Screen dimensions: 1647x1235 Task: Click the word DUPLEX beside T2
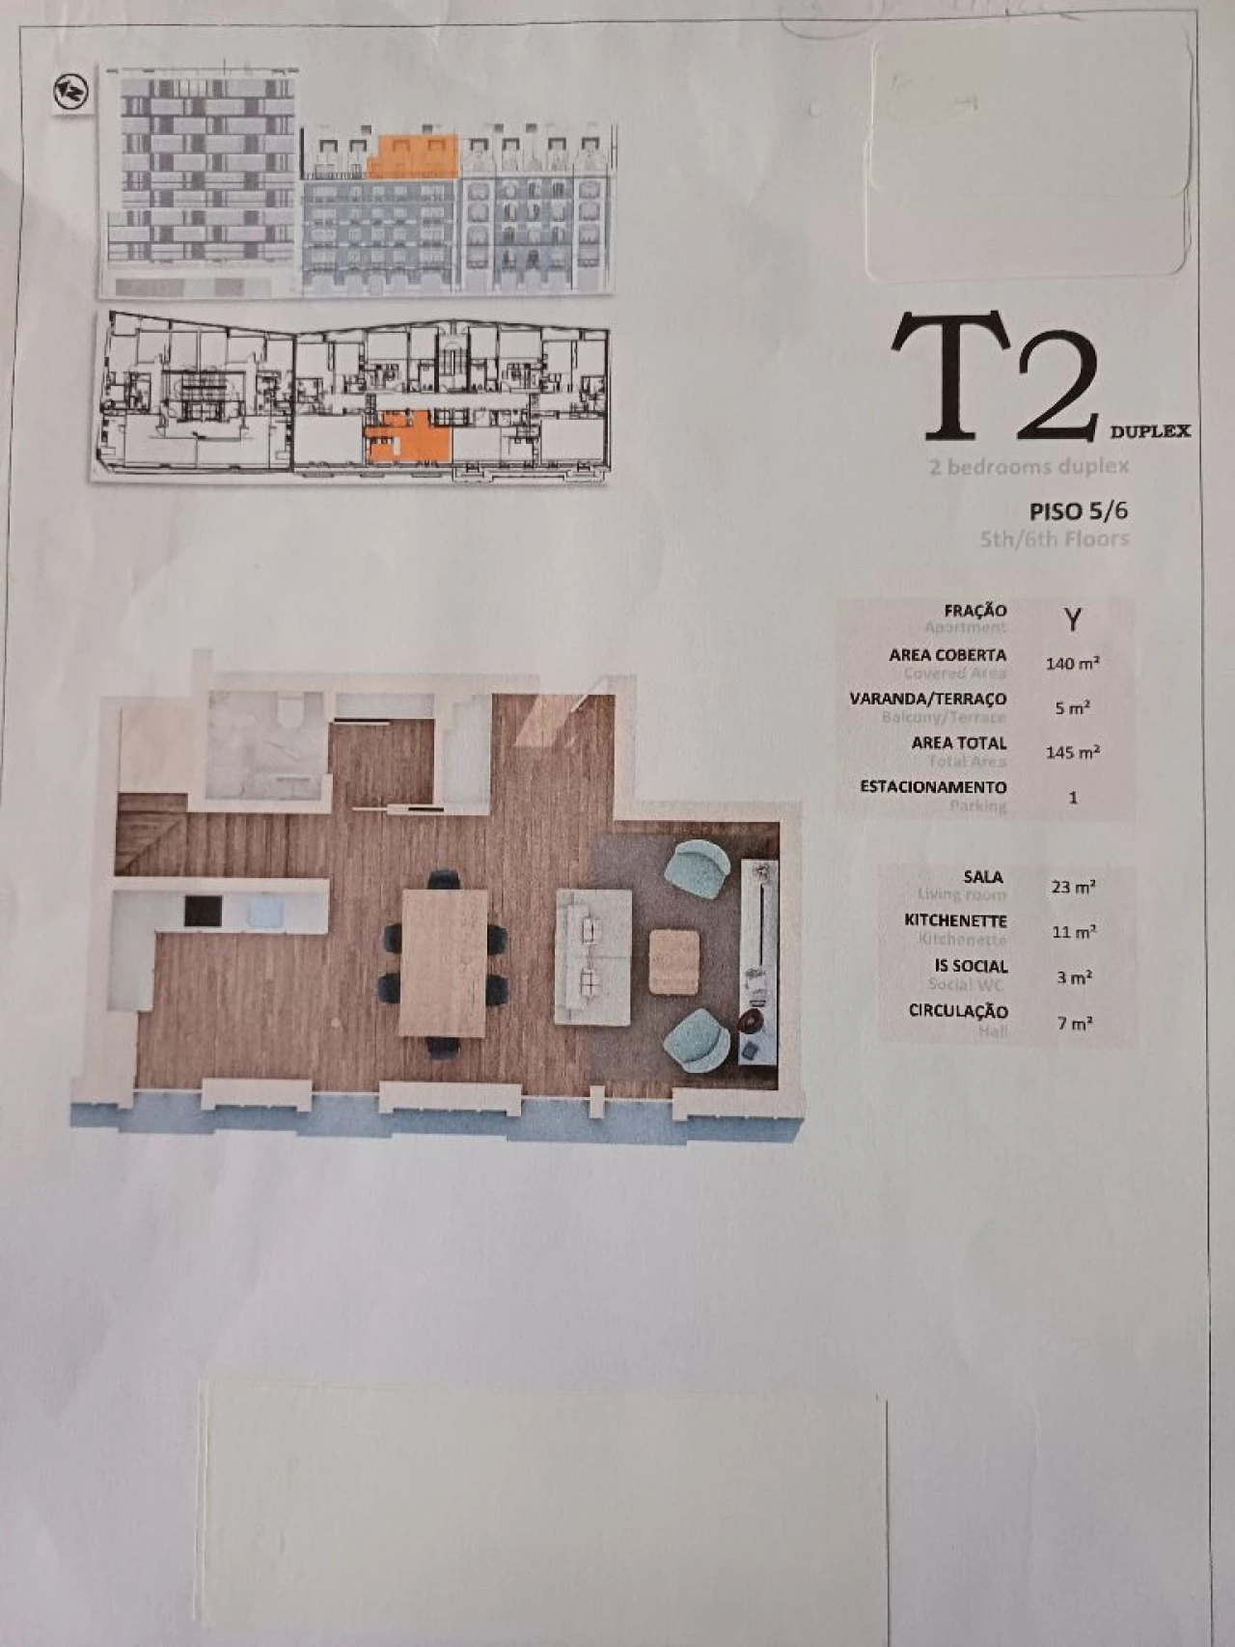[x=1149, y=431]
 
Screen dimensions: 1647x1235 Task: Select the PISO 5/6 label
[x=1078, y=510]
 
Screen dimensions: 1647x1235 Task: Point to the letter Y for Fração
[x=1072, y=618]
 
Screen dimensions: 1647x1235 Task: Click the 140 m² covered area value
[x=1072, y=664]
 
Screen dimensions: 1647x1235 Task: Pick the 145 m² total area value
[x=1072, y=752]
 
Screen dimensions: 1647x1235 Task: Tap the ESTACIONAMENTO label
[x=933, y=787]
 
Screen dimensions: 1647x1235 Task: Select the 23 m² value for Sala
[x=1073, y=887]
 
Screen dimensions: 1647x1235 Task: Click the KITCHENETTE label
[x=955, y=921]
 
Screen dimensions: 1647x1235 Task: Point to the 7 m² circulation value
[x=1074, y=1023]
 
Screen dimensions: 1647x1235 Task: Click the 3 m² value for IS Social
[x=1074, y=977]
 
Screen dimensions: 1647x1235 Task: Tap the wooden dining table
[x=444, y=962]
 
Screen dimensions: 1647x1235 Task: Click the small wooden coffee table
[x=673, y=961]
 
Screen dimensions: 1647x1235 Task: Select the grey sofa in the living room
[x=592, y=956]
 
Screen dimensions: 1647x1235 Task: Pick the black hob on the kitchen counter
[x=203, y=912]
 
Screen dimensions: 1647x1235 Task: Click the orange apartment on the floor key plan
[x=410, y=437]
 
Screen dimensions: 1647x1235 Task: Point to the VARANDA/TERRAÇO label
[x=927, y=699]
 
